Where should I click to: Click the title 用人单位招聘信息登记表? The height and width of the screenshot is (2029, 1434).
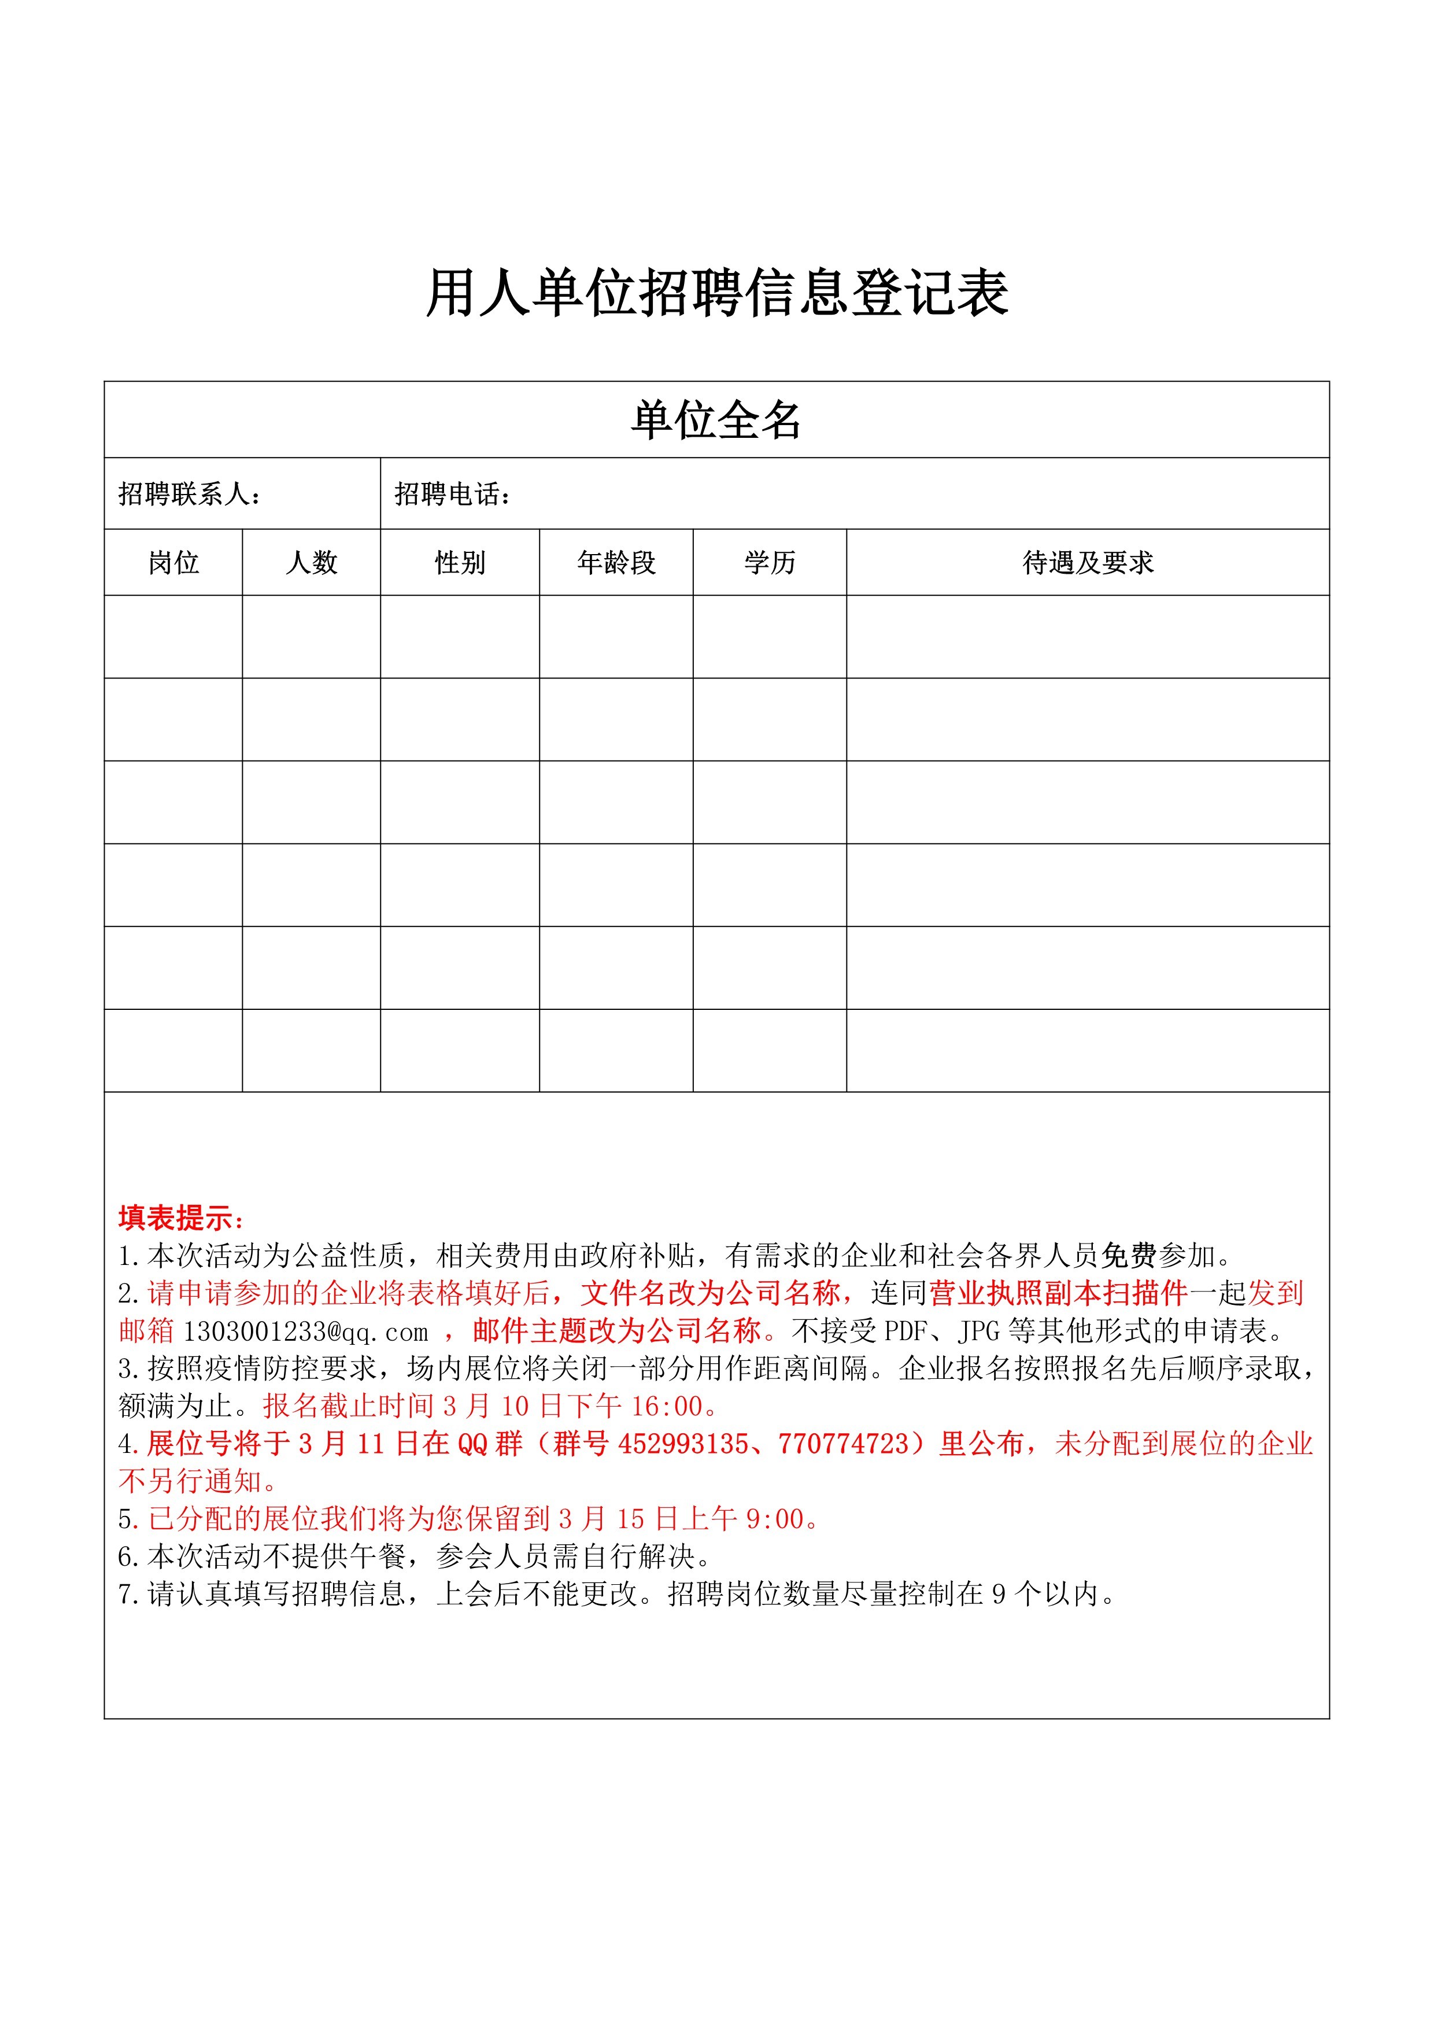(x=716, y=293)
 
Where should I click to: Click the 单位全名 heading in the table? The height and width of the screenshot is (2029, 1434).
(x=716, y=420)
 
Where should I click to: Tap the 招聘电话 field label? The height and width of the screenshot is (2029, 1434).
(x=452, y=494)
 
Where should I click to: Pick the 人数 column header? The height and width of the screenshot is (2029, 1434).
(x=311, y=562)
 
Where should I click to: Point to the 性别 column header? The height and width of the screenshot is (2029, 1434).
(x=460, y=562)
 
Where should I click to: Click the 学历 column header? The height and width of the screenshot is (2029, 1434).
(x=770, y=562)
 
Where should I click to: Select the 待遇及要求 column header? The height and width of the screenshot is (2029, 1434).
(x=1088, y=562)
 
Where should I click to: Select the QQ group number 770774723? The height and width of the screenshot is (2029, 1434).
(x=844, y=1444)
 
